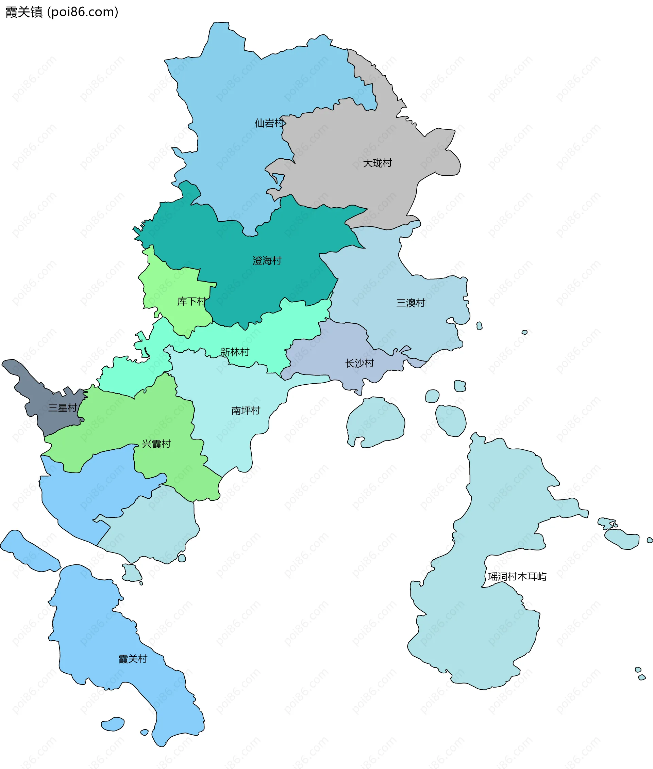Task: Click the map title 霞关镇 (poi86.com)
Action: click(62, 12)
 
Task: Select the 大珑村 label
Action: click(377, 163)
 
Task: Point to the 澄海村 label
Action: click(267, 261)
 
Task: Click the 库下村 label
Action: click(191, 302)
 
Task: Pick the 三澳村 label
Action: click(411, 303)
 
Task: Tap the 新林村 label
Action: click(235, 352)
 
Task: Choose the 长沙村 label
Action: click(359, 363)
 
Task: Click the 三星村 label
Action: click(63, 408)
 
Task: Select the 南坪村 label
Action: click(246, 411)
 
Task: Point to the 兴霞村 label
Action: click(156, 444)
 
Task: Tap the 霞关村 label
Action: click(133, 659)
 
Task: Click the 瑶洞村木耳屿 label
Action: click(517, 577)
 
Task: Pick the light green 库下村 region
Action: click(167, 285)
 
